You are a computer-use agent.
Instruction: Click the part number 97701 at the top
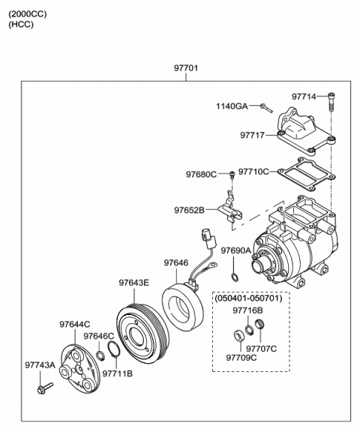tap(186, 67)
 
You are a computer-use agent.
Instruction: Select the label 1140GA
tap(232, 106)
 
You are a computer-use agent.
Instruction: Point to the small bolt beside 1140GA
tap(266, 108)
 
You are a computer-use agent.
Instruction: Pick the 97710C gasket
tap(306, 174)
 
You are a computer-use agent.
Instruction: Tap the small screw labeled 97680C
tap(232, 175)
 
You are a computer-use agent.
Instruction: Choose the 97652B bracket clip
tap(231, 208)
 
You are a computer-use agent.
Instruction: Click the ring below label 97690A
tap(235, 277)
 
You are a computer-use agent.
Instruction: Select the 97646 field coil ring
tap(182, 304)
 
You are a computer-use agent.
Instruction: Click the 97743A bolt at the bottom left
tap(45, 388)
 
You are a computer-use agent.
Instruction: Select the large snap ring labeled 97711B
tap(114, 349)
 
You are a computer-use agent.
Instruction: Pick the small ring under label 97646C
tap(100, 355)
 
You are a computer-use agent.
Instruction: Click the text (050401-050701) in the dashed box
tap(249, 298)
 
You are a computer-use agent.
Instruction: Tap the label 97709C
tap(241, 358)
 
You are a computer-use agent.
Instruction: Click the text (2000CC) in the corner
tap(28, 14)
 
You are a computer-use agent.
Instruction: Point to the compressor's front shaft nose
tap(259, 265)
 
